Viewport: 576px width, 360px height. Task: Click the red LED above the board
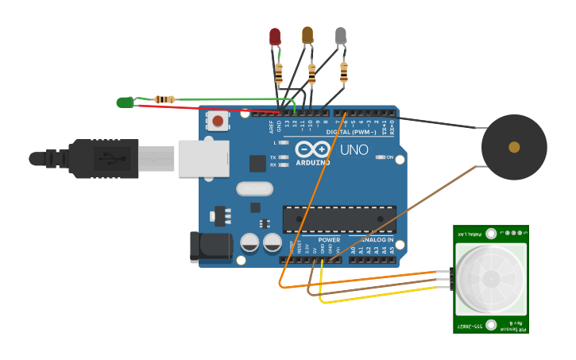coord(275,36)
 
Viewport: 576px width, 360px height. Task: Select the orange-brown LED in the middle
coord(307,35)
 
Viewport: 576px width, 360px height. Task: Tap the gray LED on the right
coord(341,35)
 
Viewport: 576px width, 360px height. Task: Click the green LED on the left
coord(125,102)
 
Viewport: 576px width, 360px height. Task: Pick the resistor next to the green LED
coord(165,99)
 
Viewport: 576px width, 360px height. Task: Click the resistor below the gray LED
coord(343,73)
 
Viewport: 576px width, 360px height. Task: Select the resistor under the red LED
coord(278,74)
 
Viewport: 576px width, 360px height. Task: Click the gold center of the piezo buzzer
coord(514,147)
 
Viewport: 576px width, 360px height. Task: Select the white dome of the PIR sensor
coord(490,278)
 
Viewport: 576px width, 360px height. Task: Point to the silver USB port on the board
coord(203,158)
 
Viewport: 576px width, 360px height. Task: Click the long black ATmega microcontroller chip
coord(339,219)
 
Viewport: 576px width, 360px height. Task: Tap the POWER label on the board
coord(329,239)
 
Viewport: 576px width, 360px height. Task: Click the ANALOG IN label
coord(372,239)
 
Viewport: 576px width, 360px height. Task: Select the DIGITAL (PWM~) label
coord(354,132)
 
